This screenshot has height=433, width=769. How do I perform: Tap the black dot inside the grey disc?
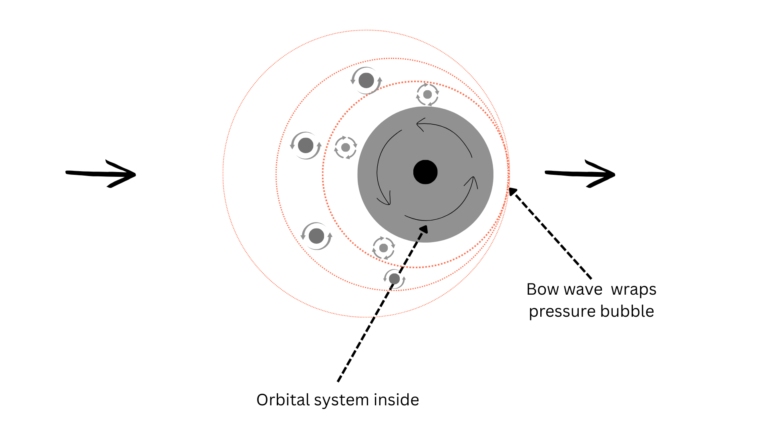tap(425, 172)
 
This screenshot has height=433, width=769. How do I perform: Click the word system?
tap(341, 401)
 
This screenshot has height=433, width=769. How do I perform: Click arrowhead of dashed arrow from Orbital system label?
tap(425, 228)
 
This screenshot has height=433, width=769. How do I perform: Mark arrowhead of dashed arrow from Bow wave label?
tap(511, 190)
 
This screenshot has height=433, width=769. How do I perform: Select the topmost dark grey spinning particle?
tap(366, 81)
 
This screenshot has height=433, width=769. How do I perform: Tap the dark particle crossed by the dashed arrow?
tap(395, 279)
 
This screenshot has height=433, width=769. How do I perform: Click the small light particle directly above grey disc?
tap(427, 95)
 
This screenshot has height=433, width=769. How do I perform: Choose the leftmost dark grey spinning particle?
tap(306, 145)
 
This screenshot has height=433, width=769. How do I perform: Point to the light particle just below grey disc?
tap(383, 248)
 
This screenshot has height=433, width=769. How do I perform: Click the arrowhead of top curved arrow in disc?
tap(419, 125)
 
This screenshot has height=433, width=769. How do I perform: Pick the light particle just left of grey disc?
tap(346, 148)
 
